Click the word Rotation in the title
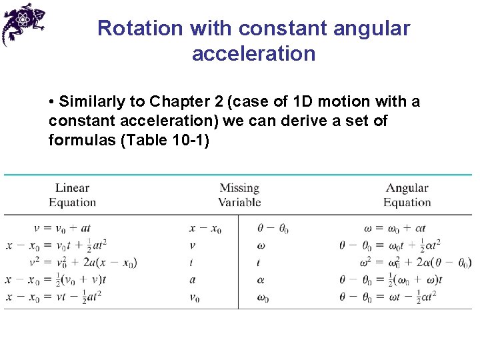coord(140,29)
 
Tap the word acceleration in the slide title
coord(253,53)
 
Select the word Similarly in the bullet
coord(92,102)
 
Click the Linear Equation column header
coord(72,195)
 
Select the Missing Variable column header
coord(239,195)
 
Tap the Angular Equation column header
coord(407,195)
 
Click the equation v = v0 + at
coord(73,229)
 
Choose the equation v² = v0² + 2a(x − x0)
coord(83,263)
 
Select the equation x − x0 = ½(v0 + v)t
coord(57,280)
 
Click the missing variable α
coord(261,280)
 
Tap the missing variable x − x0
coord(205,229)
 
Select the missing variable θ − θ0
coord(273,229)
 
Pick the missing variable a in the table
coord(193,280)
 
